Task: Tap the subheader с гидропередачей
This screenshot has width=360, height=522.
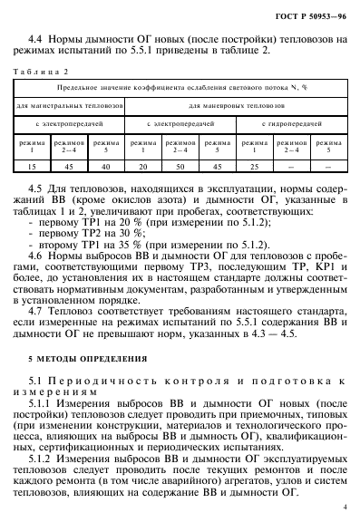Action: (290, 122)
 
